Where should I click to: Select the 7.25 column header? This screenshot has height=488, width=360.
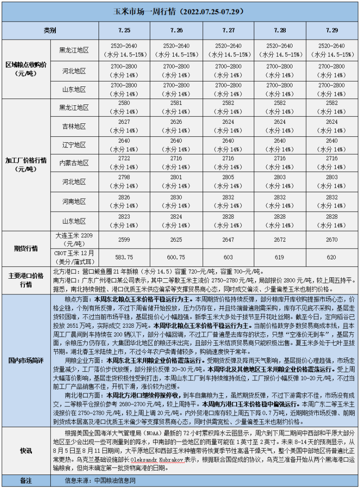(125, 31)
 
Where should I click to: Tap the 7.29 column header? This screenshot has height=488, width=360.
(333, 31)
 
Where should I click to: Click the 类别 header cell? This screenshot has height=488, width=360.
(50, 31)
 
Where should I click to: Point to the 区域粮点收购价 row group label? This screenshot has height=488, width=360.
(25, 69)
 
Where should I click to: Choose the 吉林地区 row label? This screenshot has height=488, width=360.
(74, 127)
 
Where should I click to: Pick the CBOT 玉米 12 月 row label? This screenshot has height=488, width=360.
(74, 257)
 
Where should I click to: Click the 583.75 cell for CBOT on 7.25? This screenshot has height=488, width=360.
(125, 257)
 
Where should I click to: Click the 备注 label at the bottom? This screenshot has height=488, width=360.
(25, 480)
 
